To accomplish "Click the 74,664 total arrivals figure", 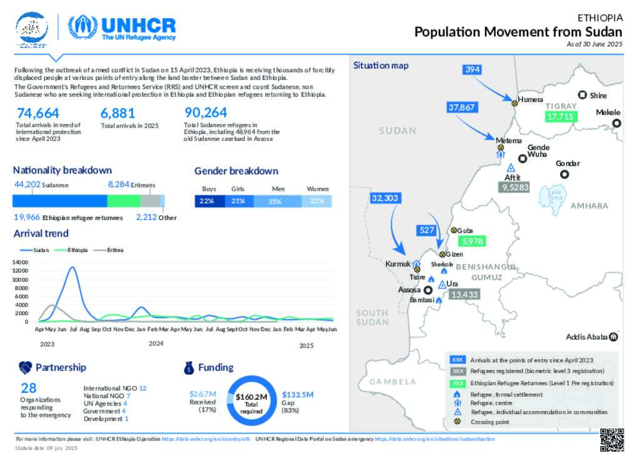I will (x=38, y=113).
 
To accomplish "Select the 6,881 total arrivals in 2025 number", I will (x=117, y=113).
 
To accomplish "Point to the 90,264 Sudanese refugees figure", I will (x=206, y=113).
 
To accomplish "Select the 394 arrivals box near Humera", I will (x=472, y=69).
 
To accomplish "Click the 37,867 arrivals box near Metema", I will (x=462, y=107).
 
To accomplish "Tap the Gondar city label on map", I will (x=567, y=163).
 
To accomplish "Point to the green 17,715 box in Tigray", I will (x=559, y=116).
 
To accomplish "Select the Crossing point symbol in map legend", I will (x=457, y=422).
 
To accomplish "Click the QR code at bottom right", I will (x=612, y=440).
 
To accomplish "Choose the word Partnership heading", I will (x=61, y=367).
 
